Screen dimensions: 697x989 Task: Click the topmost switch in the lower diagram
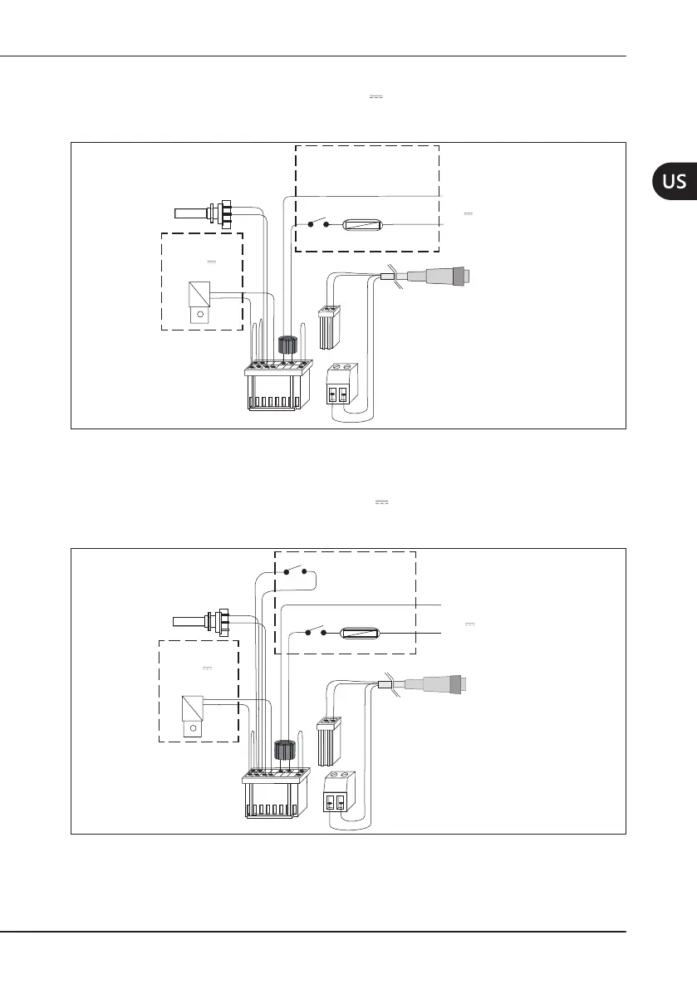[296, 571]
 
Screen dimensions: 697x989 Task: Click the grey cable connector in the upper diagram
[443, 275]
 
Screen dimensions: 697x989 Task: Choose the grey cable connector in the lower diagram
[440, 683]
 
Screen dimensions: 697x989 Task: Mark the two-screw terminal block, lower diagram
[337, 796]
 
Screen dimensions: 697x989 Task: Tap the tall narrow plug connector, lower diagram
[329, 740]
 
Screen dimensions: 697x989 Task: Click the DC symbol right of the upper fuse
[468, 214]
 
